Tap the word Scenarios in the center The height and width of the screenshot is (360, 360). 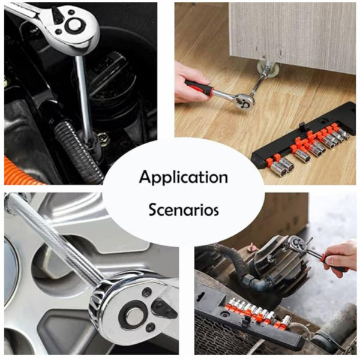pos(184,209)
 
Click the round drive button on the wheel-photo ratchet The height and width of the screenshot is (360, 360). pos(135,316)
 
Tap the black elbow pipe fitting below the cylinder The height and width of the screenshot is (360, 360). pos(259,282)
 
